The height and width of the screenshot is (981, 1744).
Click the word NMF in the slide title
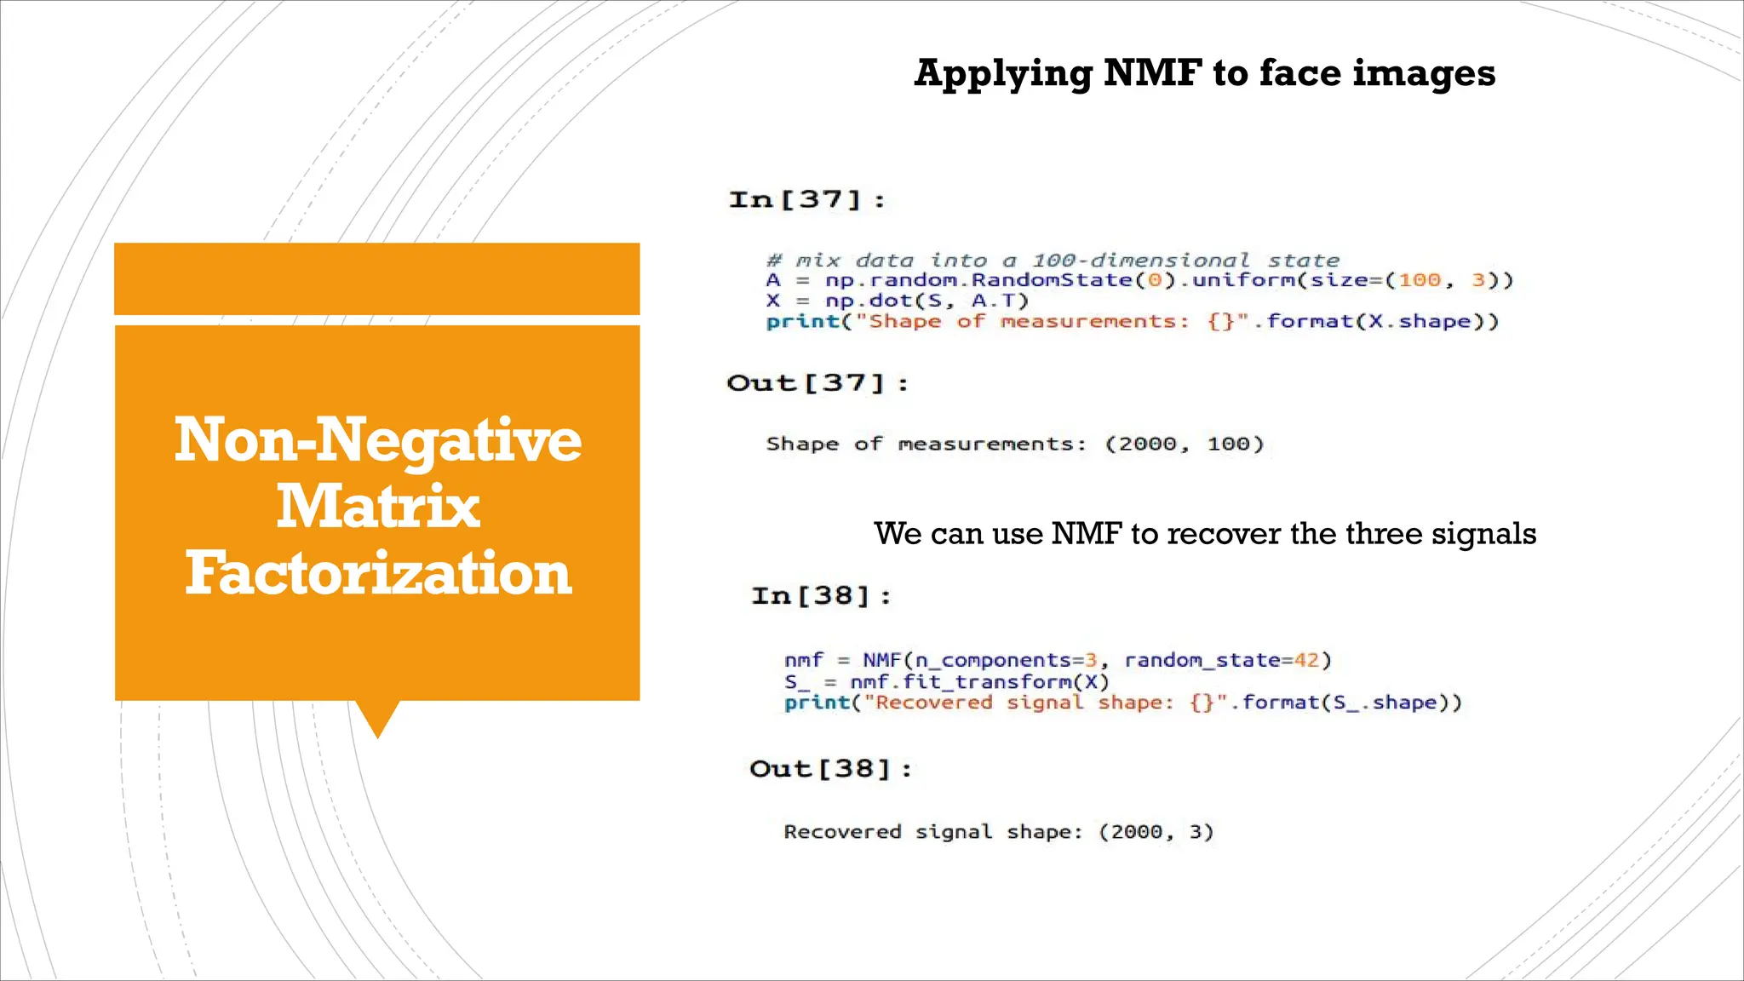click(1152, 73)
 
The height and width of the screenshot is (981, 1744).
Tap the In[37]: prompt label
click(806, 200)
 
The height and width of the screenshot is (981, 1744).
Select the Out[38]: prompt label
click(830, 770)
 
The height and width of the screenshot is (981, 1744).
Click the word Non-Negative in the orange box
click(377, 440)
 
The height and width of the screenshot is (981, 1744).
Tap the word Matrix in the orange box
click(377, 507)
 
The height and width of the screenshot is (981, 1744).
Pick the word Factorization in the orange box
click(377, 573)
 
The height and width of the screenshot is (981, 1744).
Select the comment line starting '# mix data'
click(1053, 261)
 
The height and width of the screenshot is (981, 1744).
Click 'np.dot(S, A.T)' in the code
click(926, 301)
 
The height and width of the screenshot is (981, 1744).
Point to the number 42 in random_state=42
click(1305, 661)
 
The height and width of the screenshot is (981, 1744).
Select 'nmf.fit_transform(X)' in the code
click(979, 682)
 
